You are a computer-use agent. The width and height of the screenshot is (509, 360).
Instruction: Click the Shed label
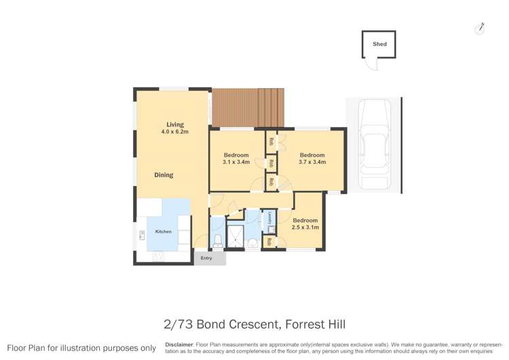pos(379,44)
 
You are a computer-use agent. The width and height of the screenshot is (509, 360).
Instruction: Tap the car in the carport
pos(374,144)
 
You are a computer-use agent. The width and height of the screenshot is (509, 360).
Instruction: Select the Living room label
pos(175,124)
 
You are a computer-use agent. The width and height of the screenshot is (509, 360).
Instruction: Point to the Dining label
pos(164,175)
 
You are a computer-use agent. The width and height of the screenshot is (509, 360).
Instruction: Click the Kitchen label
pos(164,232)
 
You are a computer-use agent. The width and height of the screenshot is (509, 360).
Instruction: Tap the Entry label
pos(206,258)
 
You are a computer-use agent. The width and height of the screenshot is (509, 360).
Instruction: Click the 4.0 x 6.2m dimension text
pos(174,132)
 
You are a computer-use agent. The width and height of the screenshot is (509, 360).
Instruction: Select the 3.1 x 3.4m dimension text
pos(236,162)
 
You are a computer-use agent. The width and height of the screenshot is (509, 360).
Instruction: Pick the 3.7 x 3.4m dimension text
pos(312,162)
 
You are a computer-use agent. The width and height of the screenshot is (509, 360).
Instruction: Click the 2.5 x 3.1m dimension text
pos(305,228)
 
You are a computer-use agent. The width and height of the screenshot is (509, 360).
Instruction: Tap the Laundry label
pos(269,219)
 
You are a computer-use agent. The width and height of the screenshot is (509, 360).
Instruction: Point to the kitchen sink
pos(143,236)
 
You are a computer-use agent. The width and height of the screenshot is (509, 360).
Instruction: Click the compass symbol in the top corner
pos(480,28)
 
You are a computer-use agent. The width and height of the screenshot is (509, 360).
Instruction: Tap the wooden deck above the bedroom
pos(248,107)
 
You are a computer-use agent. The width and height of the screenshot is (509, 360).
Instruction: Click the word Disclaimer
pos(179,344)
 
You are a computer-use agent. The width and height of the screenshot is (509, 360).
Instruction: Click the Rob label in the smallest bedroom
pos(269,242)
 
